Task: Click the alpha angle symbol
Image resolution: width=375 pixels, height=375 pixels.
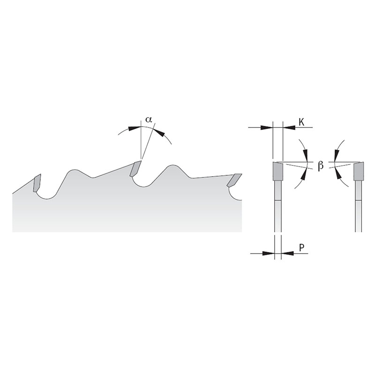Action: [149, 120]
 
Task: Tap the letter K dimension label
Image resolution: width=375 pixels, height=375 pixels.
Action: [301, 122]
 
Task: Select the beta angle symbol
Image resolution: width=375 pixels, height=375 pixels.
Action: [321, 165]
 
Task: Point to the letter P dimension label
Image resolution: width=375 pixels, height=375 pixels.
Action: [301, 248]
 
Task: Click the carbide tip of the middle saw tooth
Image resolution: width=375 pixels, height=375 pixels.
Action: [135, 169]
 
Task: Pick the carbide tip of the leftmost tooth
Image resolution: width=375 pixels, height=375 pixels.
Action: [37, 183]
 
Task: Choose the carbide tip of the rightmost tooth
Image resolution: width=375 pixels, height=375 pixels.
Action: [234, 180]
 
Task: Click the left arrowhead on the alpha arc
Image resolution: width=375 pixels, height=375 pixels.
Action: [134, 128]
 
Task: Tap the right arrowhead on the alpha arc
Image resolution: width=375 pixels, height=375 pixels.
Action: [159, 132]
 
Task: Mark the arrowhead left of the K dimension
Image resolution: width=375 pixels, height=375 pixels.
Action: [267, 127]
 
